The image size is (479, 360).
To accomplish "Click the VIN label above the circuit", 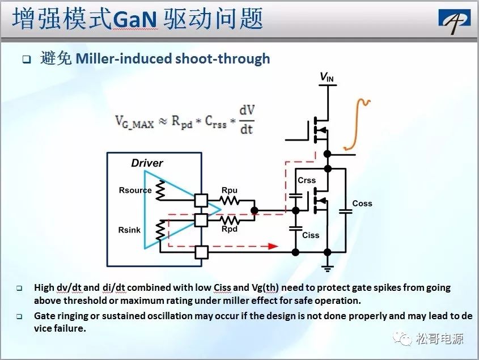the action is click(327, 77).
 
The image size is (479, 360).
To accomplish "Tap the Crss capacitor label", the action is click(307, 180).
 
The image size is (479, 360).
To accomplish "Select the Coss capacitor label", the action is click(362, 204).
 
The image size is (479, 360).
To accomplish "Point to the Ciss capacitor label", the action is click(311, 235).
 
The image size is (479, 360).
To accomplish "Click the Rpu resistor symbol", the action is click(230, 201).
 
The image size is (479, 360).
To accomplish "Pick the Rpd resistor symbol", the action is click(230, 220).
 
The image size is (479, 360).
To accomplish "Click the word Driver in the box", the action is click(147, 163).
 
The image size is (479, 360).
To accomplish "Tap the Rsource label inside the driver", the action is click(135, 190).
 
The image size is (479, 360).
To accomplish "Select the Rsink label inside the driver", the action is click(129, 230).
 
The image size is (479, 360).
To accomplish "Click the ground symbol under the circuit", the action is click(327, 268).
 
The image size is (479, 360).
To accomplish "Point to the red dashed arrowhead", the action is click(273, 246).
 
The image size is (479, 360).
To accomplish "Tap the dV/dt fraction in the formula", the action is click(247, 120).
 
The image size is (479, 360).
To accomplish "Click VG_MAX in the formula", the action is click(134, 122).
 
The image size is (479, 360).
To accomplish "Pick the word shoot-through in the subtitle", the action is click(223, 58).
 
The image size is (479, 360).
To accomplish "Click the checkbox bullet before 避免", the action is click(27, 59).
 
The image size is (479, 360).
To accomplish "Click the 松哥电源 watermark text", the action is click(439, 338).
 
